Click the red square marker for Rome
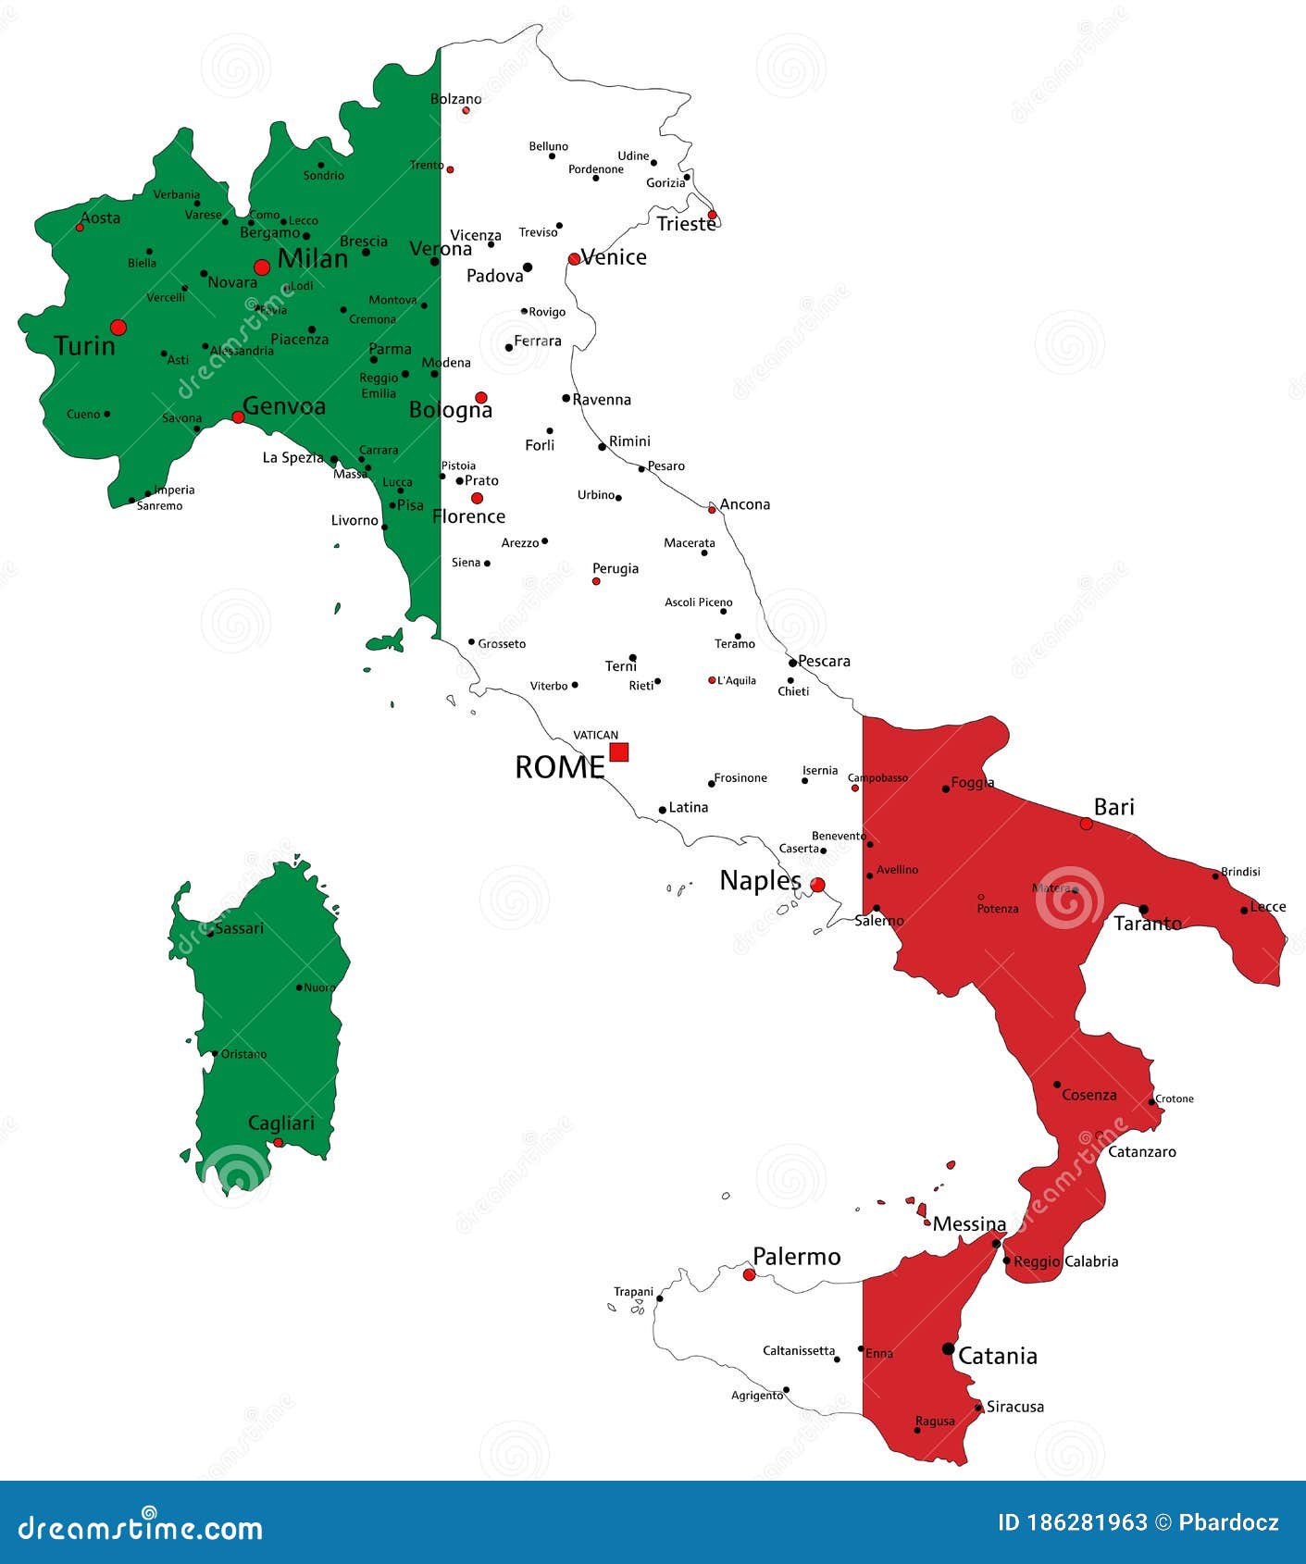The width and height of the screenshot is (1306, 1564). (619, 751)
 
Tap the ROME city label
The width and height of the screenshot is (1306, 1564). (559, 767)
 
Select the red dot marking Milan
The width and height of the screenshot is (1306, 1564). (262, 267)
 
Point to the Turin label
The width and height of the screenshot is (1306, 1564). (84, 346)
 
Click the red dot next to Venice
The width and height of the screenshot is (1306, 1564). (574, 259)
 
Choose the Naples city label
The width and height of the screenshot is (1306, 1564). (760, 880)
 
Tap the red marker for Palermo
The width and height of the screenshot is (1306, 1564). (749, 1274)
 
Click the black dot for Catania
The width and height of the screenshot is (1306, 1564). (948, 1348)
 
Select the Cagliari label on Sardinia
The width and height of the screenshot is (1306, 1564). (280, 1123)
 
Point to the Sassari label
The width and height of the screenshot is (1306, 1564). (239, 928)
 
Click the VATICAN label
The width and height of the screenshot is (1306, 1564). (595, 735)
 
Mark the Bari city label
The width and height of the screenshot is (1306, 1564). (1113, 807)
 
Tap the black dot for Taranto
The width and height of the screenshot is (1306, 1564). (1143, 910)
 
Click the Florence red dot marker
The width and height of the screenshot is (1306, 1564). (477, 498)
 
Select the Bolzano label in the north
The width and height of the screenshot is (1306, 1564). (456, 99)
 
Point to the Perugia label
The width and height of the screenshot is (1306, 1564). (616, 568)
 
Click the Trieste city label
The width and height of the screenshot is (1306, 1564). (686, 223)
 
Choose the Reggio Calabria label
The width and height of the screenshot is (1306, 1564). (1065, 1261)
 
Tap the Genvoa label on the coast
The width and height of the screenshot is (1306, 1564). (284, 406)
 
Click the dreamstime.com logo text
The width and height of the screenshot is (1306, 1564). (141, 1528)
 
